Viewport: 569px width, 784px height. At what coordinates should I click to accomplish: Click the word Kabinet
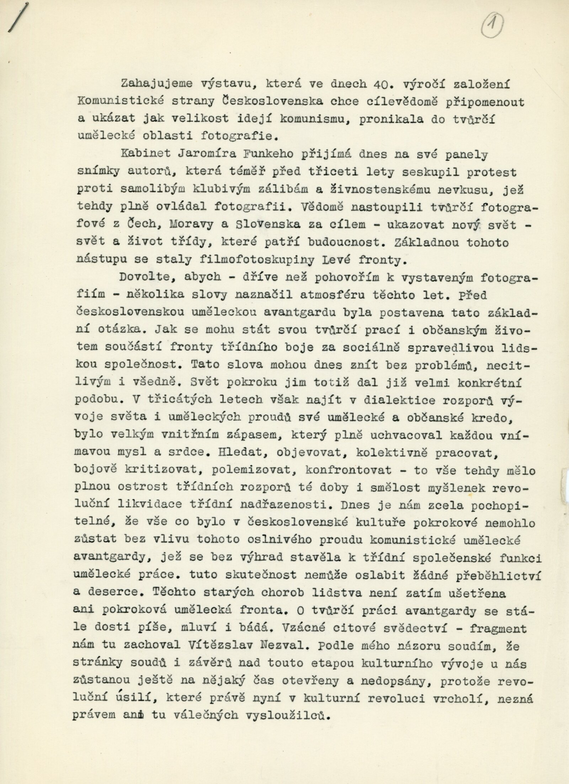pyautogui.click(x=146, y=155)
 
